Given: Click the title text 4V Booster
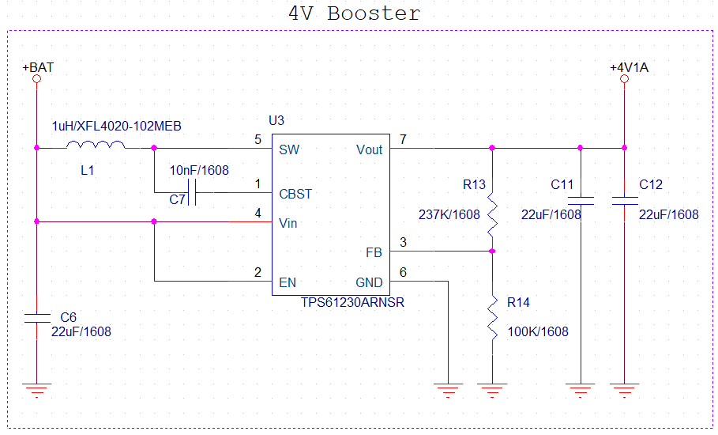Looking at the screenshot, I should [353, 13].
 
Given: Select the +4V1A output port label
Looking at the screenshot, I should [629, 68].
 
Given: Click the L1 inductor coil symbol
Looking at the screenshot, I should [95, 145].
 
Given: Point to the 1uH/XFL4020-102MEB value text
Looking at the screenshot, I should [116, 127].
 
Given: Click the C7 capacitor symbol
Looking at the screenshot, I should [190, 192].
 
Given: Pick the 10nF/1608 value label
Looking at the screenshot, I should [199, 170].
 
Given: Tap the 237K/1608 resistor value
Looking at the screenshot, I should [449, 214].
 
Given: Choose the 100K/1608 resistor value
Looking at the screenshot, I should [537, 331].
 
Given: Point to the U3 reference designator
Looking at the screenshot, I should [276, 121].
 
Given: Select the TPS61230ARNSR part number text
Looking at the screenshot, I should [352, 303].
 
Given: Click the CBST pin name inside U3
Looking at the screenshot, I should [295, 194].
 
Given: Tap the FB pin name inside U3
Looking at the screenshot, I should [374, 253].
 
